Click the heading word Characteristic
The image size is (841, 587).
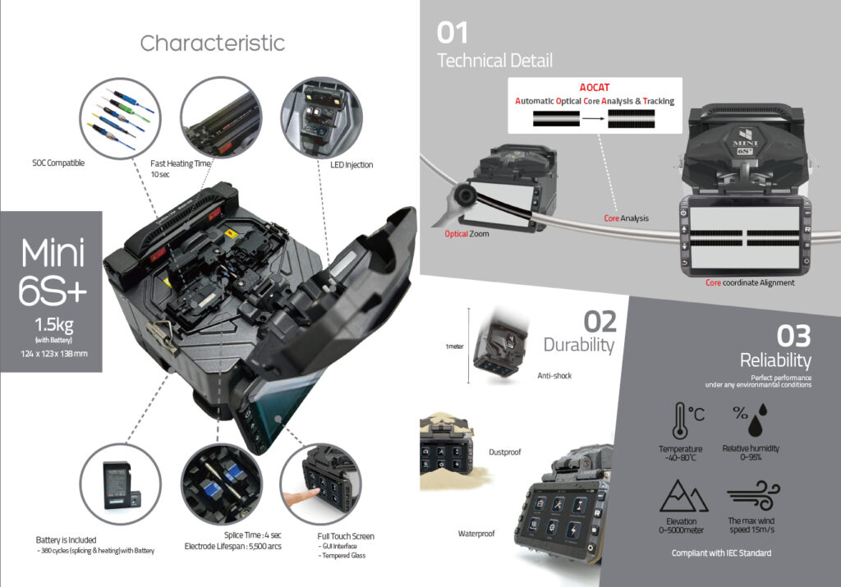click(212, 43)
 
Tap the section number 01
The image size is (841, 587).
click(453, 32)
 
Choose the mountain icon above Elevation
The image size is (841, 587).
click(680, 496)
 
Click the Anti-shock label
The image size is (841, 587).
click(554, 376)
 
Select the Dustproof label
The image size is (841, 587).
click(506, 452)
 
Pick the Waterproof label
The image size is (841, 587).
click(476, 534)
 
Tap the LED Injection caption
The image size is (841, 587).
click(351, 165)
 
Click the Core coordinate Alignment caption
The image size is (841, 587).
click(750, 282)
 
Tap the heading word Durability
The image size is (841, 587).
click(578, 345)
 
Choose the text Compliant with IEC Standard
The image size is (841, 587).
click(721, 553)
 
